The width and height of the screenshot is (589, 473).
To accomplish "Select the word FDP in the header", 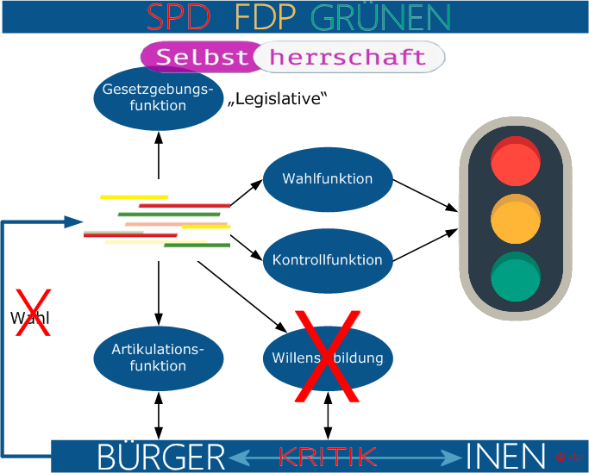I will pos(264,16).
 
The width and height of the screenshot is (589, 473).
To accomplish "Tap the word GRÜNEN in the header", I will pos(380,16).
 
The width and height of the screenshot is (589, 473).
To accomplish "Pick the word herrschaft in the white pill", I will pos(348,57).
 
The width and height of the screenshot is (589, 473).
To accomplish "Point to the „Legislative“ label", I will pos(279,99).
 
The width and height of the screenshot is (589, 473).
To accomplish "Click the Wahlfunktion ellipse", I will pos(328,179).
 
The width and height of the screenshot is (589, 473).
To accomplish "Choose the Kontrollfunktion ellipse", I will pos(328,259).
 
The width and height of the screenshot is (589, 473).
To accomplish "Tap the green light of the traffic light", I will pos(515,275).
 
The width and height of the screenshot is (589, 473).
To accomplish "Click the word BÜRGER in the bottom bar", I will pos(161,455).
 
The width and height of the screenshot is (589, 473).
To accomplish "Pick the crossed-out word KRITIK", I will pos(328,455).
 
